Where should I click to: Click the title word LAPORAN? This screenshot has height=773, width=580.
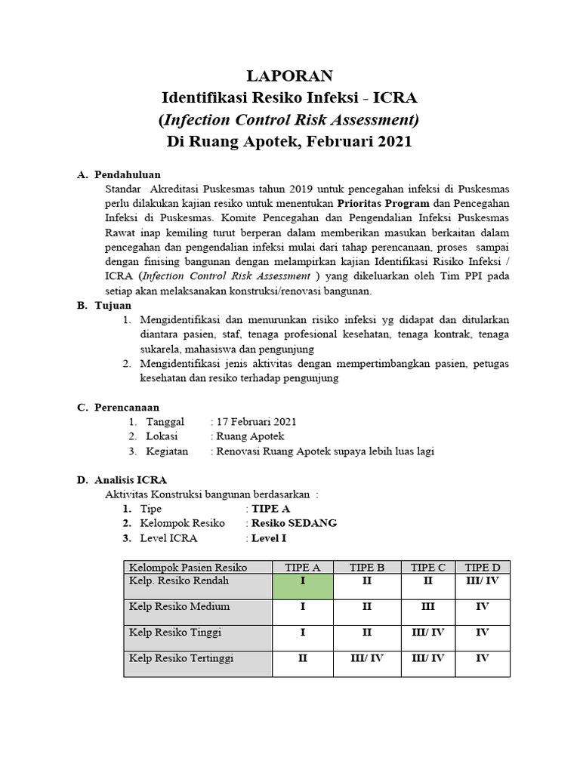pos(290,76)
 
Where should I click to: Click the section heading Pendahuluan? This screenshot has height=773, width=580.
pos(128,174)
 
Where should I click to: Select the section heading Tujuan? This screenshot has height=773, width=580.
pos(113,306)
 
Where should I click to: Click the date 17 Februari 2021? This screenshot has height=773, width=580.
pos(256,422)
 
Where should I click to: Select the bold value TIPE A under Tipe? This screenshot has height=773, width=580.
pos(270,509)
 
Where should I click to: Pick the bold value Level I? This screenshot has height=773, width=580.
pos(269,538)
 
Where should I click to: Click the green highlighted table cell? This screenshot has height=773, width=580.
pos(302,586)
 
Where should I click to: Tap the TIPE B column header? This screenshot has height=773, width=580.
pos(366,568)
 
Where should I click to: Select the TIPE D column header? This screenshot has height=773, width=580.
pos(482,568)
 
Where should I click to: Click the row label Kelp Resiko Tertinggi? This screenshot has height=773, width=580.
pos(181,658)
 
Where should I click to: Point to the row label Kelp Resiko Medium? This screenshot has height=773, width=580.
pos(179,607)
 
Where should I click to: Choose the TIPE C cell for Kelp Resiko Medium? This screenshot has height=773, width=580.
pos(427,607)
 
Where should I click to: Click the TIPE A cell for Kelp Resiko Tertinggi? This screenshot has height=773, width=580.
pos(302,658)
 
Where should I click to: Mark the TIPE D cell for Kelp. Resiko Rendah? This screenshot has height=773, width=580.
pos(482,581)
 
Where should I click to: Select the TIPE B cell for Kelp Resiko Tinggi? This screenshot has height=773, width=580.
pos(366,633)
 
